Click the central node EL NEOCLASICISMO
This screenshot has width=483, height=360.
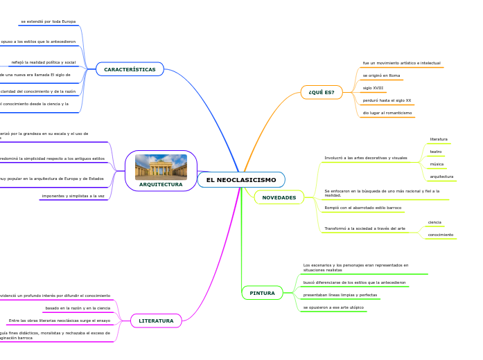240,180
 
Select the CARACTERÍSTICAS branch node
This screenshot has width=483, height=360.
130,69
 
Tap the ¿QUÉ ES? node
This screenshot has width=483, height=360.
321,92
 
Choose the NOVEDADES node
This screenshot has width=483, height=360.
279,198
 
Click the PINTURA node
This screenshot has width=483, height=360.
262,293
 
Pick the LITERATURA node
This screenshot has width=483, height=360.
156,321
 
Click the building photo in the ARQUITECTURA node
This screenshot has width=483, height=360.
161,167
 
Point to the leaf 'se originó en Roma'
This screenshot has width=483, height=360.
381,75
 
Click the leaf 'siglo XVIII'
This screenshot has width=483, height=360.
373,88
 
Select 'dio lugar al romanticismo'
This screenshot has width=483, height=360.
387,113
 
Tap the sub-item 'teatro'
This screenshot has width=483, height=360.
436,152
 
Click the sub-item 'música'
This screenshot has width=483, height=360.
437,164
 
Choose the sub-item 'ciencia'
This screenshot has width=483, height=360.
434,222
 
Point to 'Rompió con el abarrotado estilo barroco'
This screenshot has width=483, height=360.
362,208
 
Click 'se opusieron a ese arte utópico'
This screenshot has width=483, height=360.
333,307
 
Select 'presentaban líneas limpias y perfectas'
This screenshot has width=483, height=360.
340,295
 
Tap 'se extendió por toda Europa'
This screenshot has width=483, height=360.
48,21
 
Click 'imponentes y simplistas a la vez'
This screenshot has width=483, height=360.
73,196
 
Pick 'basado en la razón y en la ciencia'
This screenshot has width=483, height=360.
78,308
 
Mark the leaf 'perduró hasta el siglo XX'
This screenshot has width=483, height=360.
387,100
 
